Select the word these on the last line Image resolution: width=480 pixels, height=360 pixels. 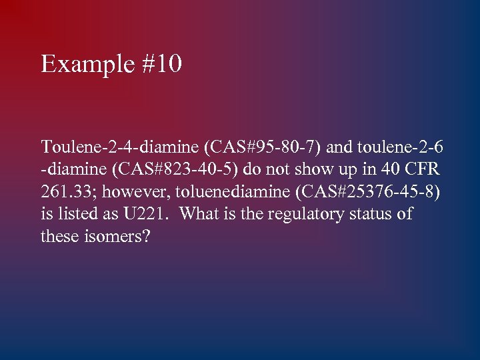tap(59, 235)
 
